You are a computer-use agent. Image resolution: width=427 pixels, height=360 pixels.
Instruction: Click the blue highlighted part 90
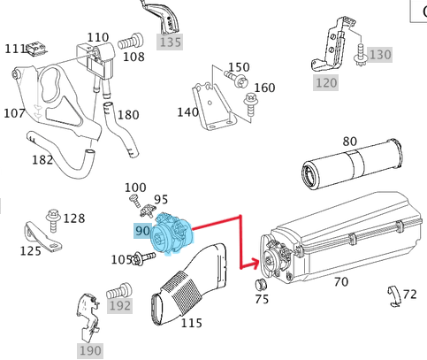(172, 234)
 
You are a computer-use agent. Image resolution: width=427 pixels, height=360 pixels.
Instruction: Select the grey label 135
(170, 42)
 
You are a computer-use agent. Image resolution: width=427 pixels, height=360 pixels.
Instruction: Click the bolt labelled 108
(130, 42)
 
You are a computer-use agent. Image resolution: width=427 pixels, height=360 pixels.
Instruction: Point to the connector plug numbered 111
(36, 49)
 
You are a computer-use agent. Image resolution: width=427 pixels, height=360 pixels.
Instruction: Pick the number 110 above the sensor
(98, 37)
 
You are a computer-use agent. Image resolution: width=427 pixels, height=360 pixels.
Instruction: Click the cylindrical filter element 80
(353, 164)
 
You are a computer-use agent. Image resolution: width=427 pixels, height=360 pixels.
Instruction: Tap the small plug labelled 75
(261, 284)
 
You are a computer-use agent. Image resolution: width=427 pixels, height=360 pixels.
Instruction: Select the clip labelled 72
(394, 296)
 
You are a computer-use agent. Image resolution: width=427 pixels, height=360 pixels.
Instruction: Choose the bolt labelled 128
(53, 220)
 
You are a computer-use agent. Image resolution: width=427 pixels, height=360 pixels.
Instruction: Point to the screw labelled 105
(144, 257)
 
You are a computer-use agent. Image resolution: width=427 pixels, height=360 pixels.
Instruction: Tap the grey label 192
(119, 306)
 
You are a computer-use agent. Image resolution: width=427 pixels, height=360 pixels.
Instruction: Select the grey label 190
(90, 350)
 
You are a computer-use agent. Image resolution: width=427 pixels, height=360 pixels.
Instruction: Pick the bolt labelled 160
(251, 105)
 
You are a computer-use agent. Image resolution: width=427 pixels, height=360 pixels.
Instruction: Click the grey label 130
(380, 55)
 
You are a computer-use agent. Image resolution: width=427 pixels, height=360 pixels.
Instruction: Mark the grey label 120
(326, 83)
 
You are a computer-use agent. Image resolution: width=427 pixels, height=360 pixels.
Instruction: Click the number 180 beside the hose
(128, 115)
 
